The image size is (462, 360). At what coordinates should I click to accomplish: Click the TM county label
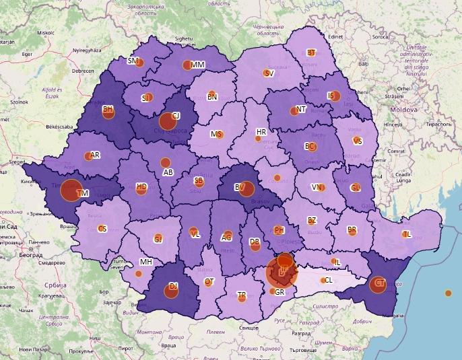click(84, 193)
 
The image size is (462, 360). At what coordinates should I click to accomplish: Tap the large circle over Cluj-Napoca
click(167, 122)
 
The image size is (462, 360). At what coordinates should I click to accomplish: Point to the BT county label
click(311, 52)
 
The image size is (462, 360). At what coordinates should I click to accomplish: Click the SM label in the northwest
click(133, 61)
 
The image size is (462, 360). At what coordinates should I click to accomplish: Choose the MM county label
click(197, 65)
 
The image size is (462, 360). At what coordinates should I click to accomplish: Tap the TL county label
click(406, 234)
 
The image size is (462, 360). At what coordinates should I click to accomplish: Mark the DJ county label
click(173, 287)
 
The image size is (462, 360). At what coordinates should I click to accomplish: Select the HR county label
click(261, 132)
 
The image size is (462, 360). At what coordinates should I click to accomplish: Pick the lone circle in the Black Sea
click(449, 293)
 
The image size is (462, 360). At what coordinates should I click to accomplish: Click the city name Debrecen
click(83, 71)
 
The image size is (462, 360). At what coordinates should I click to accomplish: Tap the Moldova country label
click(403, 109)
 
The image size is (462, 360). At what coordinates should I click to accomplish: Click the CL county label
click(328, 280)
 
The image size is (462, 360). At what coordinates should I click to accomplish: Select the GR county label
click(280, 293)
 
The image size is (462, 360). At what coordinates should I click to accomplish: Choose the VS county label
click(357, 141)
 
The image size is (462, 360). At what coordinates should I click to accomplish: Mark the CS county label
click(102, 229)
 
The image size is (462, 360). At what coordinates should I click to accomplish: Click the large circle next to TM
click(71, 190)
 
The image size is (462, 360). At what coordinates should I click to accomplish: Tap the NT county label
click(301, 109)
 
